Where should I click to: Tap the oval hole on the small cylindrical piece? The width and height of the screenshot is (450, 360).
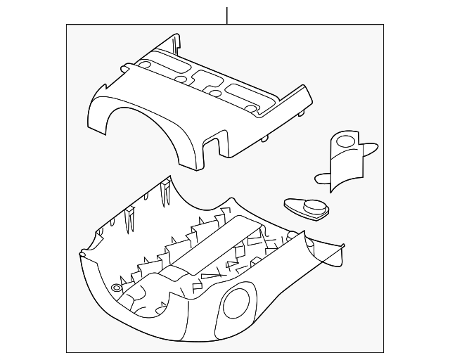tap(346, 141)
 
